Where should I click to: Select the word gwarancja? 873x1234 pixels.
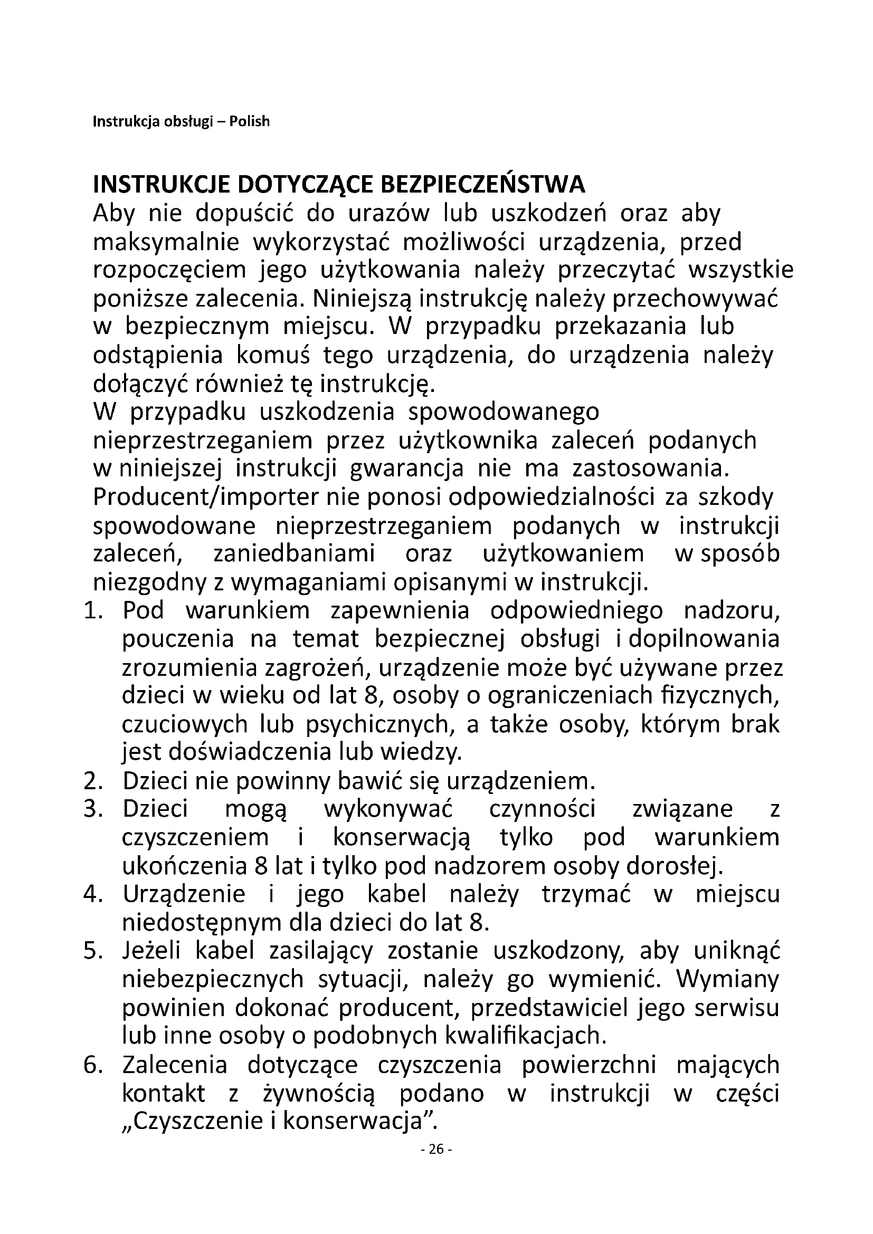coord(406,469)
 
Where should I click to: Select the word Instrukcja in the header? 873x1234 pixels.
coord(126,122)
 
